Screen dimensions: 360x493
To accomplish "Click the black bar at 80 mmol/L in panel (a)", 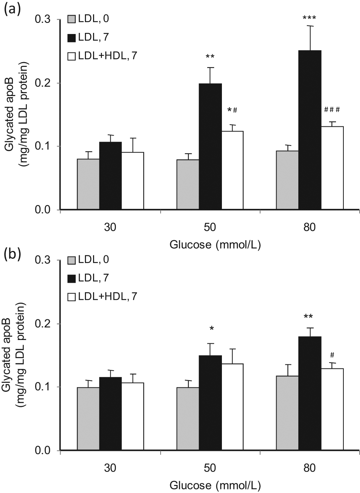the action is coord(310,130).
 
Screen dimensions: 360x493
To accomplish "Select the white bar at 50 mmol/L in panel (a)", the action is coord(233,170).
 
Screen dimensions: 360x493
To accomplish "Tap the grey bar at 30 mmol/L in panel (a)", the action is coord(88,184).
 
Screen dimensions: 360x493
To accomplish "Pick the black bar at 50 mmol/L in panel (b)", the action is coord(210,402).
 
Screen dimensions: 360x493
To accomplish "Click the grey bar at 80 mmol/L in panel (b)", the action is coord(287,413).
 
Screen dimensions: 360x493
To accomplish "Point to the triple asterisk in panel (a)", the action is coord(309,18).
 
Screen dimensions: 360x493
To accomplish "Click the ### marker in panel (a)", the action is coord(332,110).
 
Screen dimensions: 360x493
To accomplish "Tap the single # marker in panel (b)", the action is coord(332,355).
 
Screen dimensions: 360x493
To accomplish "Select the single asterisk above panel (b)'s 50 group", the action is coord(212,329).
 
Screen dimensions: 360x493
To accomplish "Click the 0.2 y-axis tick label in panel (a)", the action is coord(43,83).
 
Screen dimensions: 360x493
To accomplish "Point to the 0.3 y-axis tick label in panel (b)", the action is coord(43,260).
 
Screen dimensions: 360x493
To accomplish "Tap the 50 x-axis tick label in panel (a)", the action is coord(210,227).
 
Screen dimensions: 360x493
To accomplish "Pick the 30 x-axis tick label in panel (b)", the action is coord(110,468).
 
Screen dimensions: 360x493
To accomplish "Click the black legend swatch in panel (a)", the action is coord(72,38).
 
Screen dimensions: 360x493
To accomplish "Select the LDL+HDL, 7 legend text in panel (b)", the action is coord(108,297).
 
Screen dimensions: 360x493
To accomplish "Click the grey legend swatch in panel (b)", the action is coord(72,260).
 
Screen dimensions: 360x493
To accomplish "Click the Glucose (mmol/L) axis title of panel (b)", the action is coord(215,486).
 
